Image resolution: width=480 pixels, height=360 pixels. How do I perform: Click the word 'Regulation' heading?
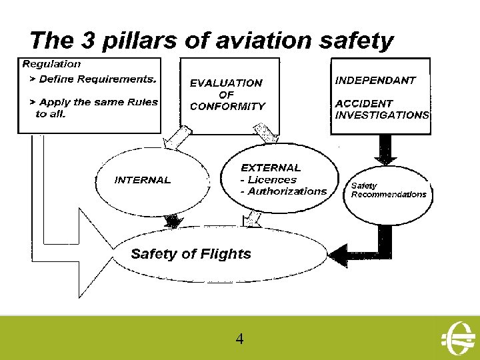(52, 65)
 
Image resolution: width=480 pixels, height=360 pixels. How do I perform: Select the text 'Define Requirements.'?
(97, 79)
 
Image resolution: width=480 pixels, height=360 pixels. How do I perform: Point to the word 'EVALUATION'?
(226, 83)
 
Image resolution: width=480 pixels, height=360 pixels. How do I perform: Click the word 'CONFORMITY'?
(227, 106)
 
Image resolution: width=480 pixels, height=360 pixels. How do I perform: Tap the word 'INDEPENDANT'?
(375, 80)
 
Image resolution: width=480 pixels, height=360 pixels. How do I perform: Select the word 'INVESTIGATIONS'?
(382, 115)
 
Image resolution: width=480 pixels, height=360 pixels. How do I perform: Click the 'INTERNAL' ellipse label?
(143, 180)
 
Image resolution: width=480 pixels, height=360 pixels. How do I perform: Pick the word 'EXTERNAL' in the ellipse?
(271, 168)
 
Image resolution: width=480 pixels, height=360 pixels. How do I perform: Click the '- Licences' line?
(268, 180)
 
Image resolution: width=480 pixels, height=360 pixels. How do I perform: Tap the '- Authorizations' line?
(283, 191)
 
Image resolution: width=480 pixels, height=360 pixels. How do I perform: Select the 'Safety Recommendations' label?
(388, 191)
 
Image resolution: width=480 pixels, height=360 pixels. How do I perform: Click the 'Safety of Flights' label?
(191, 254)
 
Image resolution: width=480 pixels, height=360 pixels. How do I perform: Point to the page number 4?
(239, 339)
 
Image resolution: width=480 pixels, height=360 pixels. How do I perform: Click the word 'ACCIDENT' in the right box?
(364, 103)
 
